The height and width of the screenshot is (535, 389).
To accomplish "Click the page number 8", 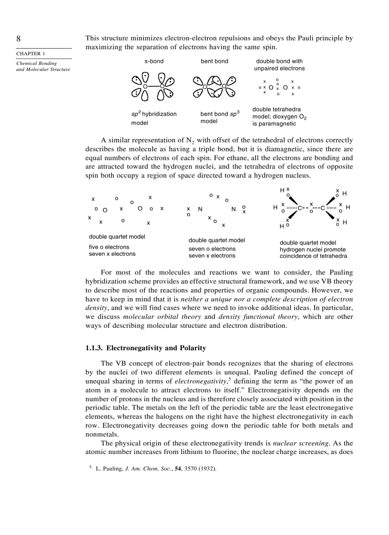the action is (19, 39).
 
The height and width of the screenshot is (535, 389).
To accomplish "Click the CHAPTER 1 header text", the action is (29, 54).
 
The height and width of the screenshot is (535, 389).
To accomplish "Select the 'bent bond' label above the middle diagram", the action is (214, 61).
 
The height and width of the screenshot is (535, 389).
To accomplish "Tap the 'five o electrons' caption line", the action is (109, 247).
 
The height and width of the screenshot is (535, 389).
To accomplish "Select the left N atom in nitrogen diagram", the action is (200, 209).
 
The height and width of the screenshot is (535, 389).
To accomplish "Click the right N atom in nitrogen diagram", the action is (234, 209).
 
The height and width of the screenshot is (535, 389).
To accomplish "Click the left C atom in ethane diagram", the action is (300, 208).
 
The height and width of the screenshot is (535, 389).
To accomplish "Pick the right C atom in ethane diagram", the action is (323, 208).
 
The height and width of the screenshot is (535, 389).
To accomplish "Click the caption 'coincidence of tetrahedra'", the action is (313, 256).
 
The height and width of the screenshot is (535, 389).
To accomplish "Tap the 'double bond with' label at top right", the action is (279, 61).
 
